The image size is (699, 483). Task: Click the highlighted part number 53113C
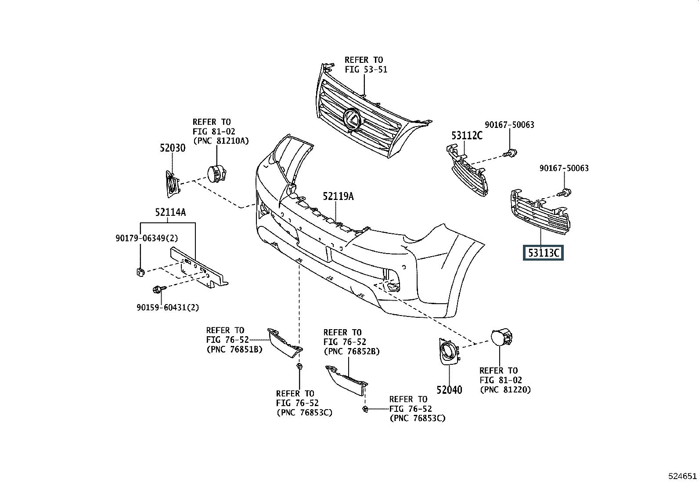(x=543, y=253)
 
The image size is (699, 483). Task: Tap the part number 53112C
(x=467, y=135)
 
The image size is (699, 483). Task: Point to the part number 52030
(x=172, y=148)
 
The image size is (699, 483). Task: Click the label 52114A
(x=170, y=213)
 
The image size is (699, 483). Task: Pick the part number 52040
(x=449, y=390)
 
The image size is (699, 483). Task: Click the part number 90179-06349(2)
(x=147, y=238)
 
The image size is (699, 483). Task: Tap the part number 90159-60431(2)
(x=167, y=308)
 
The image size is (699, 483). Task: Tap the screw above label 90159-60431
(x=157, y=289)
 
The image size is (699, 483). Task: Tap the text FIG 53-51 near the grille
(x=366, y=69)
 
